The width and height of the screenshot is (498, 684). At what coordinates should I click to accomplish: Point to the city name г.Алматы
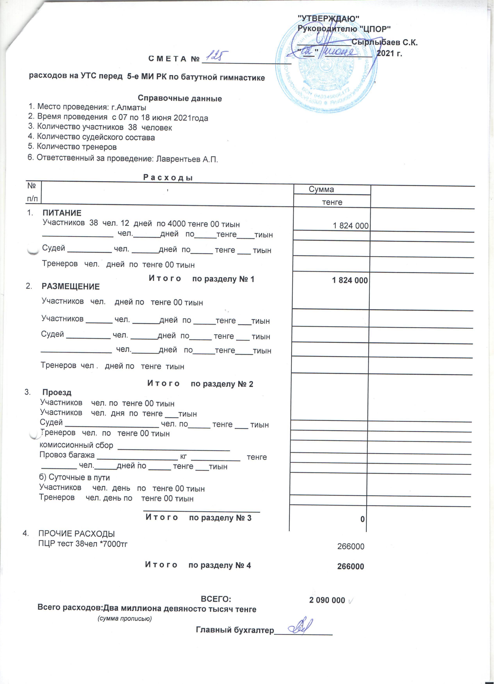pyautogui.click(x=132, y=108)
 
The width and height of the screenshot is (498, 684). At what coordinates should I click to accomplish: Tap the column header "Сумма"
pyautogui.click(x=324, y=191)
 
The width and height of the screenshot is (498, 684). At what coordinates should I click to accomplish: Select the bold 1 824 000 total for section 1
pyautogui.click(x=353, y=282)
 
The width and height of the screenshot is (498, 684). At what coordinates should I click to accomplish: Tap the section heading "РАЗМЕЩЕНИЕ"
pyautogui.click(x=71, y=289)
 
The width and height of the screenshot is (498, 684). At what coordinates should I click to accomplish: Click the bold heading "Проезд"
pyautogui.click(x=57, y=395)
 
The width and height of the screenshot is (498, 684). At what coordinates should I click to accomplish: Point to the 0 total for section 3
pyautogui.click(x=365, y=521)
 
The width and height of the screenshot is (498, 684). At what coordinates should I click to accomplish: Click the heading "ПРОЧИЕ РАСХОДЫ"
pyautogui.click(x=77, y=538)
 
